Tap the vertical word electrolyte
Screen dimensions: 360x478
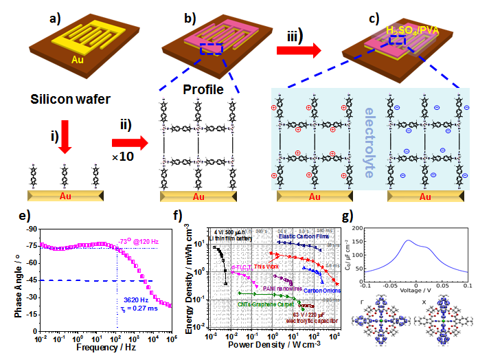372,142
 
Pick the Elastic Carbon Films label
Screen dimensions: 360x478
304,235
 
